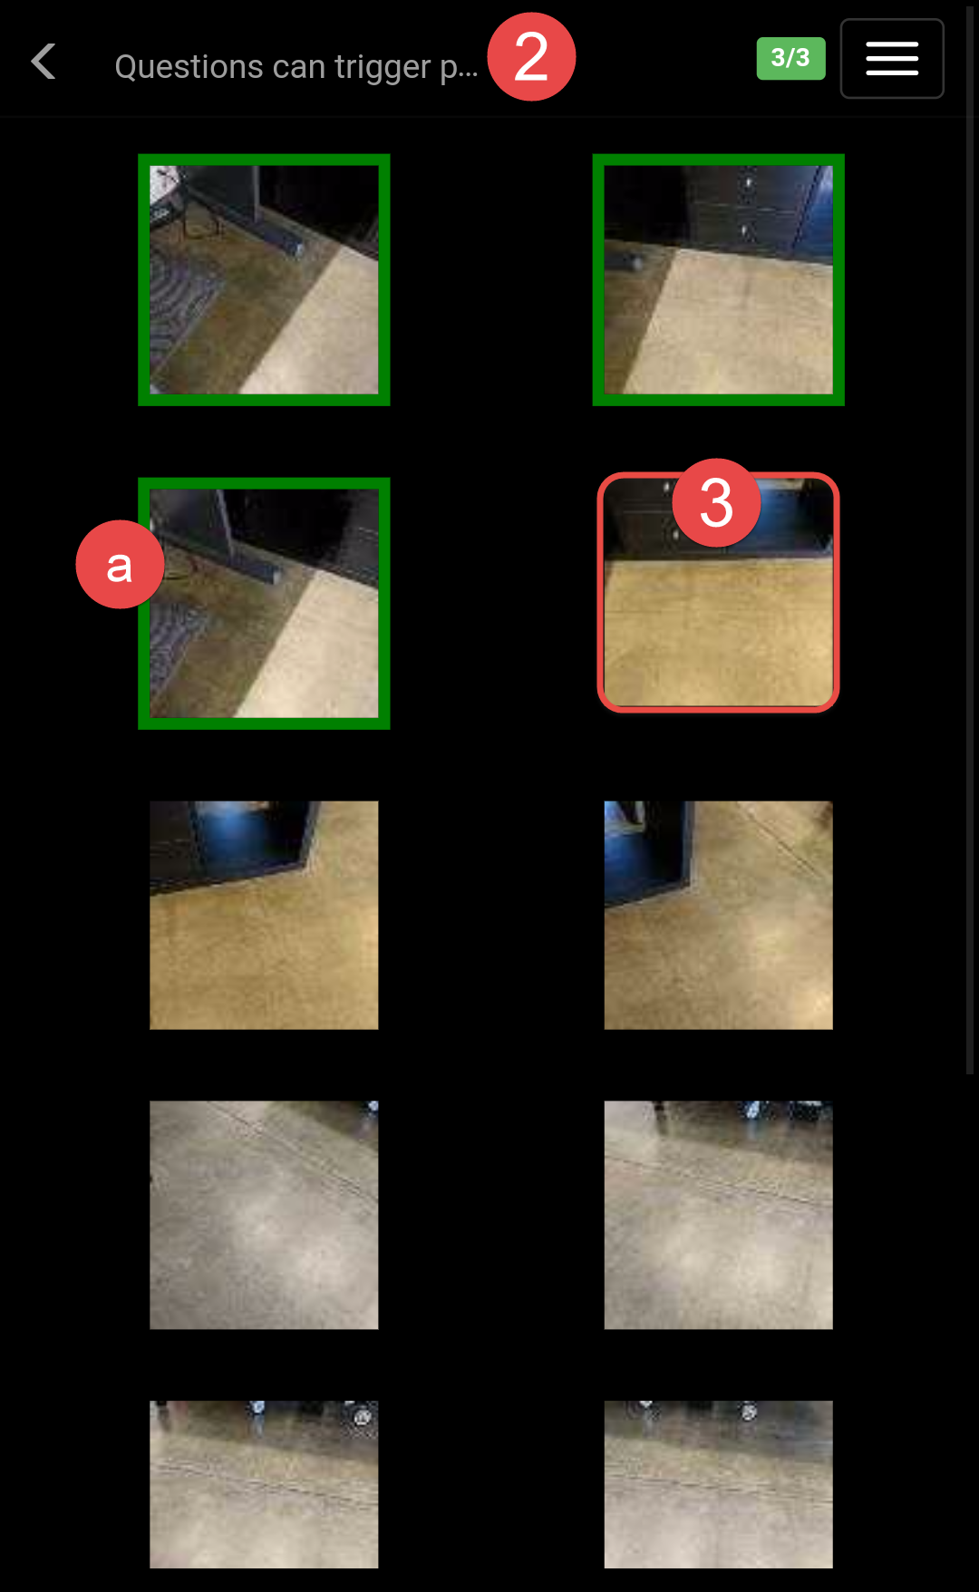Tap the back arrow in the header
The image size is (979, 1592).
pos(43,62)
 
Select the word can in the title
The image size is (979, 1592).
pos(298,68)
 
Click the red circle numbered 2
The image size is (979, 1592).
pos(531,56)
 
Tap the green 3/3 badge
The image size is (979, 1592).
pos(790,58)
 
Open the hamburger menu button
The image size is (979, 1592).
pos(892,59)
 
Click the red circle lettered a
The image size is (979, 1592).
pos(120,565)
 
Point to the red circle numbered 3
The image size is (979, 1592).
pos(716,503)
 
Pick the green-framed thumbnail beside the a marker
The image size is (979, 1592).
pos(264,604)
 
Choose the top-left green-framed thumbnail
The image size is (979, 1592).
pos(264,280)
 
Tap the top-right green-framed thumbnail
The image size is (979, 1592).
pos(719,280)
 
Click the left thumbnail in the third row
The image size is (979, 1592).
pos(264,915)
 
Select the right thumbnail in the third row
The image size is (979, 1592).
pos(719,915)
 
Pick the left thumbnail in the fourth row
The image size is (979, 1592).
pos(264,1215)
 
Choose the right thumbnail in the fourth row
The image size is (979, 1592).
pos(719,1215)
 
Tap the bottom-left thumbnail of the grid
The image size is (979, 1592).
pos(264,1484)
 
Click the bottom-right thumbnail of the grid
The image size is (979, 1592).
pos(719,1484)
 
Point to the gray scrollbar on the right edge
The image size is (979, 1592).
pos(970,544)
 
